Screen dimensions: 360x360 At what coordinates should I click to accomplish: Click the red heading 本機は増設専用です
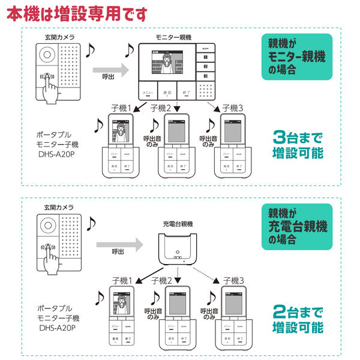click(76, 13)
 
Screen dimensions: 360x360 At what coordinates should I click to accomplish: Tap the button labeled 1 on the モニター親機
click(205, 55)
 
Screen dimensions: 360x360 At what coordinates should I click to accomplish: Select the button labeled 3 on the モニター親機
click(205, 76)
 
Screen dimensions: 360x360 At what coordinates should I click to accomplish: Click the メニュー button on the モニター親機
click(147, 93)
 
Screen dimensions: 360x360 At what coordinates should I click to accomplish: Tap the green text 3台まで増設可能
click(298, 144)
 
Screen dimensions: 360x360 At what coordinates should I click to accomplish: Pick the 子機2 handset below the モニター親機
click(176, 147)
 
